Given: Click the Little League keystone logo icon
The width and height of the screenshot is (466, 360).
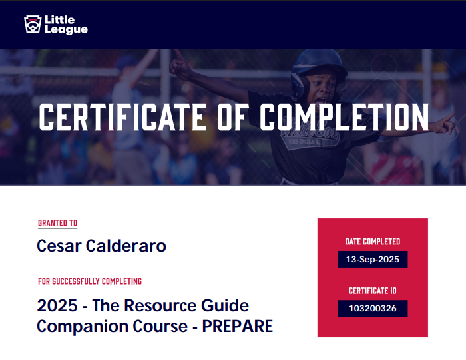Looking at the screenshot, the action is click(33, 24).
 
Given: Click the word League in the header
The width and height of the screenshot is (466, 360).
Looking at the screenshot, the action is click(67, 30).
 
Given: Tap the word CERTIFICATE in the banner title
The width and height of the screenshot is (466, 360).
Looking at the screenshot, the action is click(122, 117).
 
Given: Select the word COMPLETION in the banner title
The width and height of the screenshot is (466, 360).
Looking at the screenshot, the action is click(344, 117).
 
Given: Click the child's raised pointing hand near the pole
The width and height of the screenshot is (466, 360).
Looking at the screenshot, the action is click(180, 66).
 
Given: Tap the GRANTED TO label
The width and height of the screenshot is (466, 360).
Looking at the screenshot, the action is click(58, 223).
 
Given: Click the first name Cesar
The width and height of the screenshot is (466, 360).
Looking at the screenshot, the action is click(59, 246).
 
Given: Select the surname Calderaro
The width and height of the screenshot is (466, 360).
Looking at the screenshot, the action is click(126, 246).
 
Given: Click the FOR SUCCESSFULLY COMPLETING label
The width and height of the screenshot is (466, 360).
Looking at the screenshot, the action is click(90, 281).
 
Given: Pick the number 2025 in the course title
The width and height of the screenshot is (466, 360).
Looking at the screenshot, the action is click(57, 305).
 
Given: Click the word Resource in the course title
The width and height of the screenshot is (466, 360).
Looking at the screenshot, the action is click(160, 305).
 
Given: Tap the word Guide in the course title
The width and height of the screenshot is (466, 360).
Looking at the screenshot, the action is click(225, 305).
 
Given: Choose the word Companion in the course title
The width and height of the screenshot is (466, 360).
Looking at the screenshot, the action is click(83, 327).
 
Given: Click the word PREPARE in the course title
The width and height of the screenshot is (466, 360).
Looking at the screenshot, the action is click(238, 327).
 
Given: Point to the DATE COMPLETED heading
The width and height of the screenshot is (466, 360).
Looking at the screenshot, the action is click(373, 242).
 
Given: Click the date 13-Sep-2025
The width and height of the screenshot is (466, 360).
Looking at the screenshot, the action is click(373, 260).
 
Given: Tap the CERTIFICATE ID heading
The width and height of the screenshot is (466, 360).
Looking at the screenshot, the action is click(373, 291).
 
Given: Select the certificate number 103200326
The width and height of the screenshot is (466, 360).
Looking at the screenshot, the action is click(373, 309).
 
